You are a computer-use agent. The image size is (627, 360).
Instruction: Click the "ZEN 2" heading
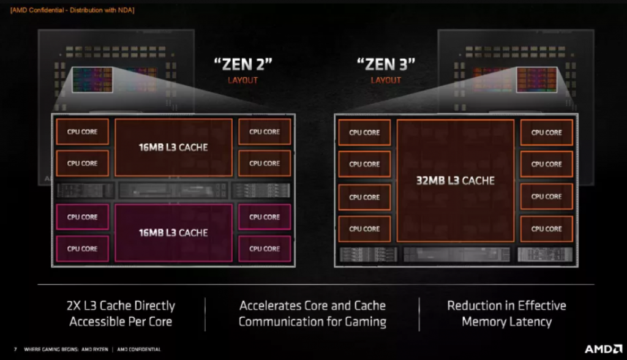[242, 64]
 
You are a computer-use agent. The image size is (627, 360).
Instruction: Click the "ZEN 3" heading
[386, 64]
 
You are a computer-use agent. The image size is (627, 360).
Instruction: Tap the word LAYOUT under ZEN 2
[242, 80]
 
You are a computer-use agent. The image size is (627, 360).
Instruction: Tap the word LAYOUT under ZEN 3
[386, 80]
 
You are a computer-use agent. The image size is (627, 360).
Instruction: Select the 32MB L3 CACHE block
[456, 181]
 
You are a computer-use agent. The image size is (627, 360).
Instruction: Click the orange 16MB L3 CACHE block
[173, 147]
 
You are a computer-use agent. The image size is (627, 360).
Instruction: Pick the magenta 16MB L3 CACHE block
[173, 233]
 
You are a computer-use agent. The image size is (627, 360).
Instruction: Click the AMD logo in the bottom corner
[603, 349]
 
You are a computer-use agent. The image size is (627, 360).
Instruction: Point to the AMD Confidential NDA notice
[72, 10]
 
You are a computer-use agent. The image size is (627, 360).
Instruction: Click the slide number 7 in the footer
[15, 349]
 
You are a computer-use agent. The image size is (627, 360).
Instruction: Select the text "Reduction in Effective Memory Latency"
[506, 313]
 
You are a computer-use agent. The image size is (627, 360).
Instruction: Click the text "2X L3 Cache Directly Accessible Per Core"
[121, 313]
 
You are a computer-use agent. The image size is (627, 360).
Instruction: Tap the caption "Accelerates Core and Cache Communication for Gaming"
[312, 313]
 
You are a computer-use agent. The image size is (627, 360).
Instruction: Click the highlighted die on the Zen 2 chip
[92, 80]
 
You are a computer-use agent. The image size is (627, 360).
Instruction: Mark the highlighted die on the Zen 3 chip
[536, 80]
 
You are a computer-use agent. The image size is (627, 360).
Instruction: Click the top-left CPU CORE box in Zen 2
[83, 132]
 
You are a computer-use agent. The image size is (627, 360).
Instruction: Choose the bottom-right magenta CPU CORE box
[265, 249]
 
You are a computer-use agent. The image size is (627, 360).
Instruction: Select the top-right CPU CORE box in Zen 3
[547, 132]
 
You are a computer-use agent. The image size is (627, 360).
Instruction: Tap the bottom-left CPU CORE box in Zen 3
[364, 229]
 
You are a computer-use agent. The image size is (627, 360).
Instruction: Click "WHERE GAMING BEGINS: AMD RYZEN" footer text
[66, 349]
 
